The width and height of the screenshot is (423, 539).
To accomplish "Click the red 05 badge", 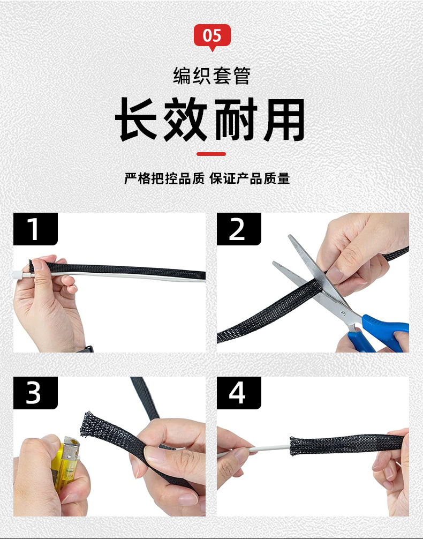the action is [x=212, y=36].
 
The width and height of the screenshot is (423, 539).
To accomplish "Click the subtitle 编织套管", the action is [x=211, y=76].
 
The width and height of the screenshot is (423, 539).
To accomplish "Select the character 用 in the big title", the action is [x=284, y=119].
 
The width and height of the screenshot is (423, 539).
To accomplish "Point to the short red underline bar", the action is [x=211, y=154].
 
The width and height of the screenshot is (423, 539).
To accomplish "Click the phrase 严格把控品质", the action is [x=164, y=179].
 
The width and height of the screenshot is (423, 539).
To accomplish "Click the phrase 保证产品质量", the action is [x=250, y=179].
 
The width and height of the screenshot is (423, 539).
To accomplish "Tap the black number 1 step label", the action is [x=35, y=229].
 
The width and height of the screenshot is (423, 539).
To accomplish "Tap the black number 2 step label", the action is [x=239, y=229].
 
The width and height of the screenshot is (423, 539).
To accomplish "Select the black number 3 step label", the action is [x=35, y=393].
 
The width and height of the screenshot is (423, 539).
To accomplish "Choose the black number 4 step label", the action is [x=239, y=393].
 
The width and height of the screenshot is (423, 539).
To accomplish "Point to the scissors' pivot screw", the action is [x=343, y=313].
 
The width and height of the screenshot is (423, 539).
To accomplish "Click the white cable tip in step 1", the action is [x=18, y=275].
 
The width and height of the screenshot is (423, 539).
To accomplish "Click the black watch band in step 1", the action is [x=85, y=349].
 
